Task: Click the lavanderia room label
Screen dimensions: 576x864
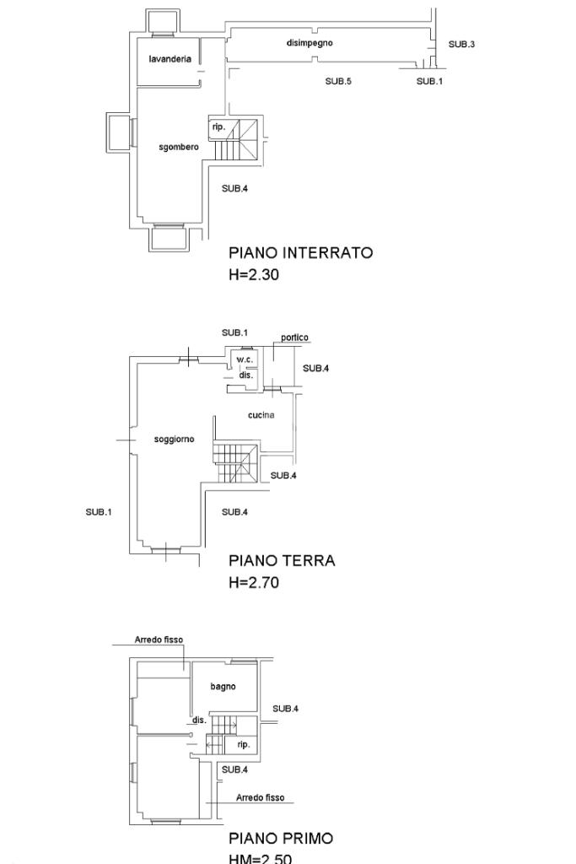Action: [x=170, y=59]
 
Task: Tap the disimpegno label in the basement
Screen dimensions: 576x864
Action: [x=310, y=43]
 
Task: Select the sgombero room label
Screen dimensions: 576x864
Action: [x=179, y=147]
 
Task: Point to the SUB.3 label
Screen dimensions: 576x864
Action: [x=461, y=44]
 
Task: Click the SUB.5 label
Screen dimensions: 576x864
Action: [x=338, y=81]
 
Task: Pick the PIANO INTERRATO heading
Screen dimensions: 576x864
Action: [x=301, y=253]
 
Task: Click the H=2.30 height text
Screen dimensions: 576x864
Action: [x=254, y=274]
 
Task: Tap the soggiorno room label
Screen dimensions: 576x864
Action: [x=174, y=439]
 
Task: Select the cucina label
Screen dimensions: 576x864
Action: [x=261, y=415]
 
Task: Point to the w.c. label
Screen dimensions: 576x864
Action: [x=245, y=359]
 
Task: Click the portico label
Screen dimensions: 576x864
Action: [x=294, y=337]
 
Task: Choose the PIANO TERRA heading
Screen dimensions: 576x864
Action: [x=282, y=560]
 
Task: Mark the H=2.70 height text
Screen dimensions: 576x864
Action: [x=254, y=582]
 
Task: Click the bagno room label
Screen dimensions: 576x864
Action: [x=223, y=686]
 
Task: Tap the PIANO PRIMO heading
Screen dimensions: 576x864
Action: [x=281, y=838]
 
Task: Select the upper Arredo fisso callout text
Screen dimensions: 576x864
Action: [x=159, y=640]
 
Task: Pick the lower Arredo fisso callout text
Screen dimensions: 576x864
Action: [x=261, y=797]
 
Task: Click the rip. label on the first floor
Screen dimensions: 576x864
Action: [x=244, y=744]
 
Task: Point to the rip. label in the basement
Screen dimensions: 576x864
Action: [x=218, y=127]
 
